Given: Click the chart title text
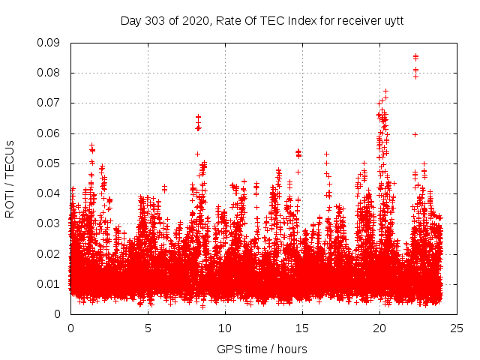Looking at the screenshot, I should click(x=262, y=20).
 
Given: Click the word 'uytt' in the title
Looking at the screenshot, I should click(x=392, y=20).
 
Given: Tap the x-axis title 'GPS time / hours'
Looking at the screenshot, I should click(x=262, y=349).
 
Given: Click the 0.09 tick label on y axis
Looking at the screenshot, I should click(x=49, y=43).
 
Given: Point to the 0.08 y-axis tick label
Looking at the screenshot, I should click(x=49, y=73).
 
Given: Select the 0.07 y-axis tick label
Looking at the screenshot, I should click(x=49, y=103).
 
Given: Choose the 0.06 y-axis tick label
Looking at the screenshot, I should click(x=49, y=133).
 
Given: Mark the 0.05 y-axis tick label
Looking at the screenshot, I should click(x=49, y=163).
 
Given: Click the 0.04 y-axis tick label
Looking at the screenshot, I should click(x=49, y=193).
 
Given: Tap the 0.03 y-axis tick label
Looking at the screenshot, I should click(x=49, y=223).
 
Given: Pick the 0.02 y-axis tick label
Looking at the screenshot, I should click(x=49, y=253).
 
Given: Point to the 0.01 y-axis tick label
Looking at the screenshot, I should click(x=49, y=283).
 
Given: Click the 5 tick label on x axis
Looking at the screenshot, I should click(x=148, y=328).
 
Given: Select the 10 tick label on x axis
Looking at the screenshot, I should click(x=225, y=328).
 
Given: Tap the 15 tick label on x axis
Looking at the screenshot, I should click(x=302, y=328).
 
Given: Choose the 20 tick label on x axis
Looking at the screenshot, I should click(x=379, y=328).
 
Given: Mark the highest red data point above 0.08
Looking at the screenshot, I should click(x=415, y=55).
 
